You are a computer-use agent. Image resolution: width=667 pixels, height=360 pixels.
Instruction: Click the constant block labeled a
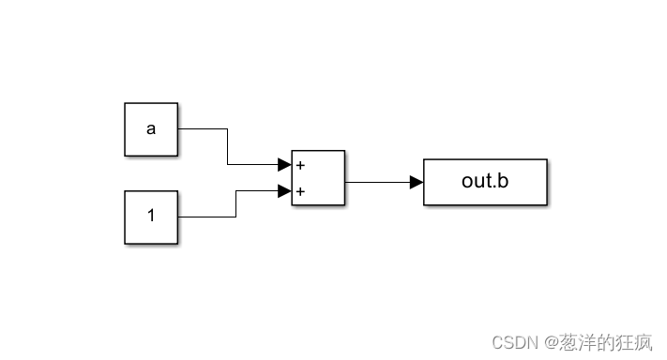(151, 129)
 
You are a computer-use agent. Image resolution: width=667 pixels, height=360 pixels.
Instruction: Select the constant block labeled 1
(151, 217)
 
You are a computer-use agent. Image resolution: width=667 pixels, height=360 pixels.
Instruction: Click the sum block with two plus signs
(319, 178)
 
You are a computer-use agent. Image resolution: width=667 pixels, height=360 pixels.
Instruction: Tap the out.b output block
(485, 182)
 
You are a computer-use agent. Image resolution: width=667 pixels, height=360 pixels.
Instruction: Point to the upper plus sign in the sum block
(300, 165)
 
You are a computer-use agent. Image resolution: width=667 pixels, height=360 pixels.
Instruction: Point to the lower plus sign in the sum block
(300, 192)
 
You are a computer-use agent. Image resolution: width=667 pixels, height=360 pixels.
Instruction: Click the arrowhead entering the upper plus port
(284, 165)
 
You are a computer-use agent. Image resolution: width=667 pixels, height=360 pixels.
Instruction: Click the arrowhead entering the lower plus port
(284, 191)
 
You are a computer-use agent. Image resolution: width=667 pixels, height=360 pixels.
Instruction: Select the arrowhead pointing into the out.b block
(417, 182)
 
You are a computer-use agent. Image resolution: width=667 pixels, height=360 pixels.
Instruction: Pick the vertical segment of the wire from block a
(228, 147)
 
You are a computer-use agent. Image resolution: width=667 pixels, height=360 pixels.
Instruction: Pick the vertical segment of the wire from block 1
(235, 204)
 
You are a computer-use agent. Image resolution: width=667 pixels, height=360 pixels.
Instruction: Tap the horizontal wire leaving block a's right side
(202, 129)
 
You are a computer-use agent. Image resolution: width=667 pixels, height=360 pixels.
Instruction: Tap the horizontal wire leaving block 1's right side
(206, 217)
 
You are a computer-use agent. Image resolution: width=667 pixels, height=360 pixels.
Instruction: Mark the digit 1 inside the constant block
(151, 217)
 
